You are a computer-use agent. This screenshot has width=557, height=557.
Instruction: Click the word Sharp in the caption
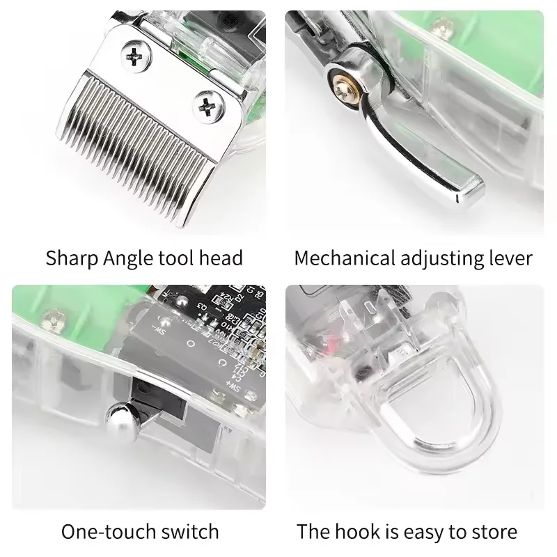point(73,258)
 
